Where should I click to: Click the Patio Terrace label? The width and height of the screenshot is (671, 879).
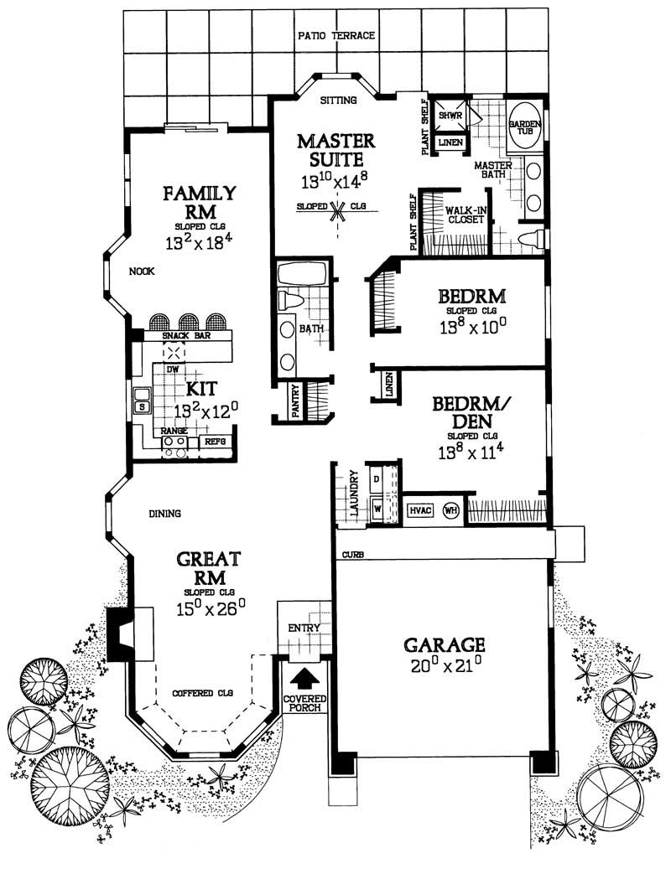pos(335,36)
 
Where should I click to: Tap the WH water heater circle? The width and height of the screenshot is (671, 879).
pos(451,511)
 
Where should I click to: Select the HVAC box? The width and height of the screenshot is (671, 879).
pos(420,511)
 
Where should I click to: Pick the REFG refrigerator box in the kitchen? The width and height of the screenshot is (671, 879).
pos(216,441)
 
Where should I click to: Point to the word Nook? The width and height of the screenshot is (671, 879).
pos(140,271)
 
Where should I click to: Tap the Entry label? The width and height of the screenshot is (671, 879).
pos(299,628)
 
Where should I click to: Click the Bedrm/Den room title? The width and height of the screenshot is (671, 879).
pos(470,414)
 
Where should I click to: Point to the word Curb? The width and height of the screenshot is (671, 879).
pos(351,555)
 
